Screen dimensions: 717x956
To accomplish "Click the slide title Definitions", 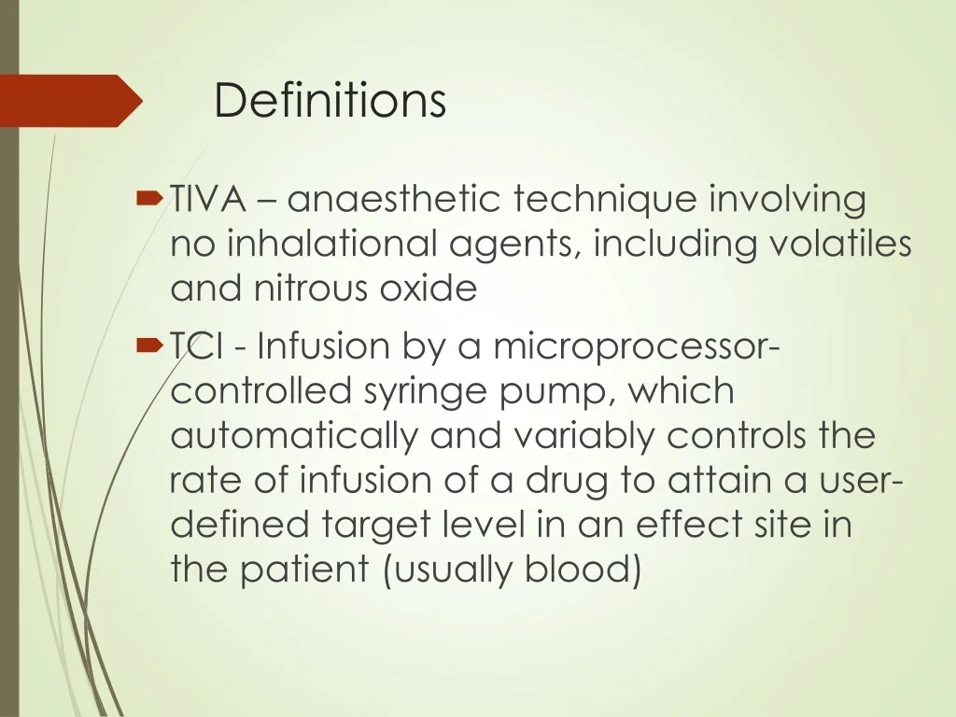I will coord(330,101).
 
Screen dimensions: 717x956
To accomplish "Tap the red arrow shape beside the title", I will coord(70,101).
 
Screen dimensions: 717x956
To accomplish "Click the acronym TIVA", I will coord(208,200).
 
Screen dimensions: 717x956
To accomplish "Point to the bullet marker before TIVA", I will coord(148,199).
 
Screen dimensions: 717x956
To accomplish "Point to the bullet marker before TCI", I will coord(148,346).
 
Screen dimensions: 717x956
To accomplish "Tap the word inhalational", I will coord(332,245).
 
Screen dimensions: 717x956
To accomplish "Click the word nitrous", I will coord(312,289).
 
